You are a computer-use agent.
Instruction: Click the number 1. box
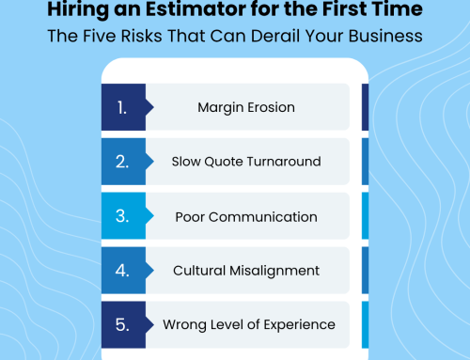point(122,107)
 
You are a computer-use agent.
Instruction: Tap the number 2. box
point(122,162)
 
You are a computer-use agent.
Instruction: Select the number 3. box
point(122,216)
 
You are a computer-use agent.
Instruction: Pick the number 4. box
point(122,271)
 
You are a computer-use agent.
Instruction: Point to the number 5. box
point(122,324)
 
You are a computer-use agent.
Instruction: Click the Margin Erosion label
point(246,107)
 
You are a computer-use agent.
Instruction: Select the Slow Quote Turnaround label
point(246,162)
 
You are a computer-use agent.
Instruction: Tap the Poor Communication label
point(246,216)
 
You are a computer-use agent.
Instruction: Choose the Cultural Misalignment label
point(246,271)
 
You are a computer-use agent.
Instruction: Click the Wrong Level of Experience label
point(249,324)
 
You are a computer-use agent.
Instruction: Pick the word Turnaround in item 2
point(285,162)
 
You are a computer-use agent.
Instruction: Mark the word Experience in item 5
point(300,325)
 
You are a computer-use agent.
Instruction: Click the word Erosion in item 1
point(271,107)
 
